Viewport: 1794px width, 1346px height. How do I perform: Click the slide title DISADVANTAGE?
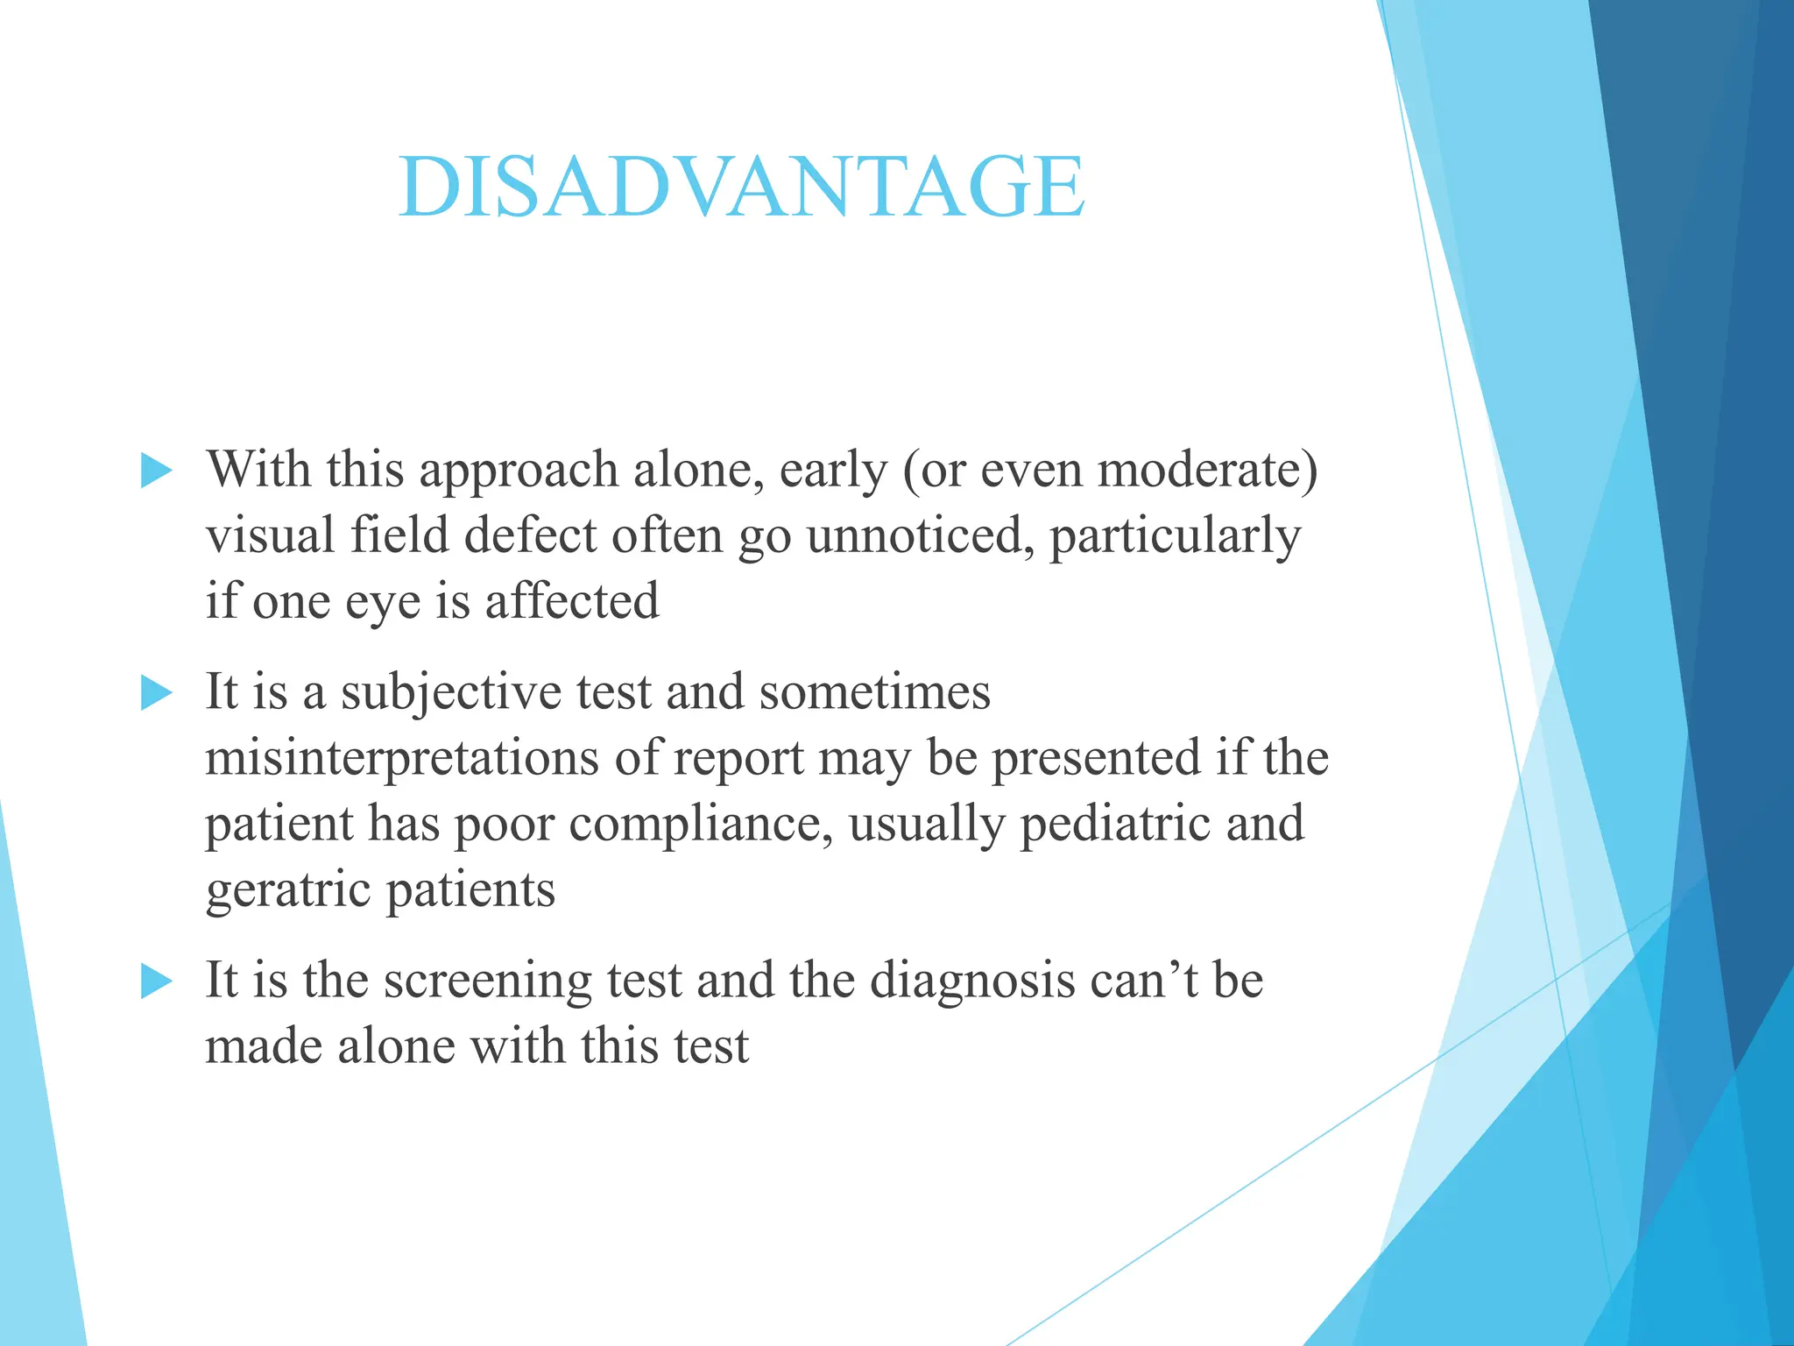tap(741, 187)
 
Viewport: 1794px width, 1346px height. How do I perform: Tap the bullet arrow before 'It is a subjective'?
tap(156, 694)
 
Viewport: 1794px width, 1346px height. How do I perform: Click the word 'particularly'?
tap(1175, 537)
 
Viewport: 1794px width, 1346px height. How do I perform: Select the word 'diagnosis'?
tap(971, 981)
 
